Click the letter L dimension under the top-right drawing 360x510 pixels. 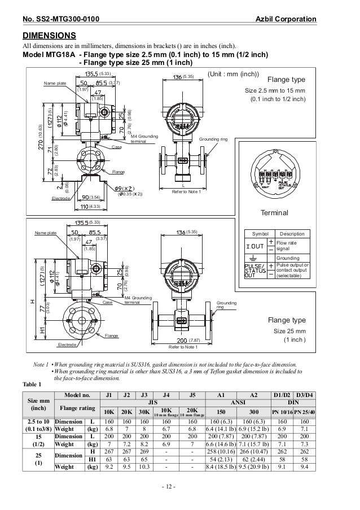coord(183,185)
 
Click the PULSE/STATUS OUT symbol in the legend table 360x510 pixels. coord(254,271)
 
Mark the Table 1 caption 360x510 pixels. coord(32,383)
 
